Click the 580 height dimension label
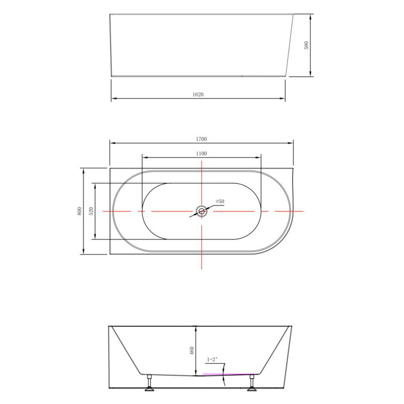(x=306, y=45)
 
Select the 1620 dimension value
(x=198, y=94)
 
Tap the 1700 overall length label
(x=202, y=139)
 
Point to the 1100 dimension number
(x=202, y=154)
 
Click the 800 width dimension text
(x=79, y=212)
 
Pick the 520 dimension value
(x=91, y=212)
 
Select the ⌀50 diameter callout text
(x=220, y=201)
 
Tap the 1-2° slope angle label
(x=212, y=360)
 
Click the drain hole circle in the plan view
(x=201, y=212)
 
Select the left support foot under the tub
(x=150, y=384)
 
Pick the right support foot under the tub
(x=251, y=384)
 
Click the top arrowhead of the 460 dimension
(x=196, y=328)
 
